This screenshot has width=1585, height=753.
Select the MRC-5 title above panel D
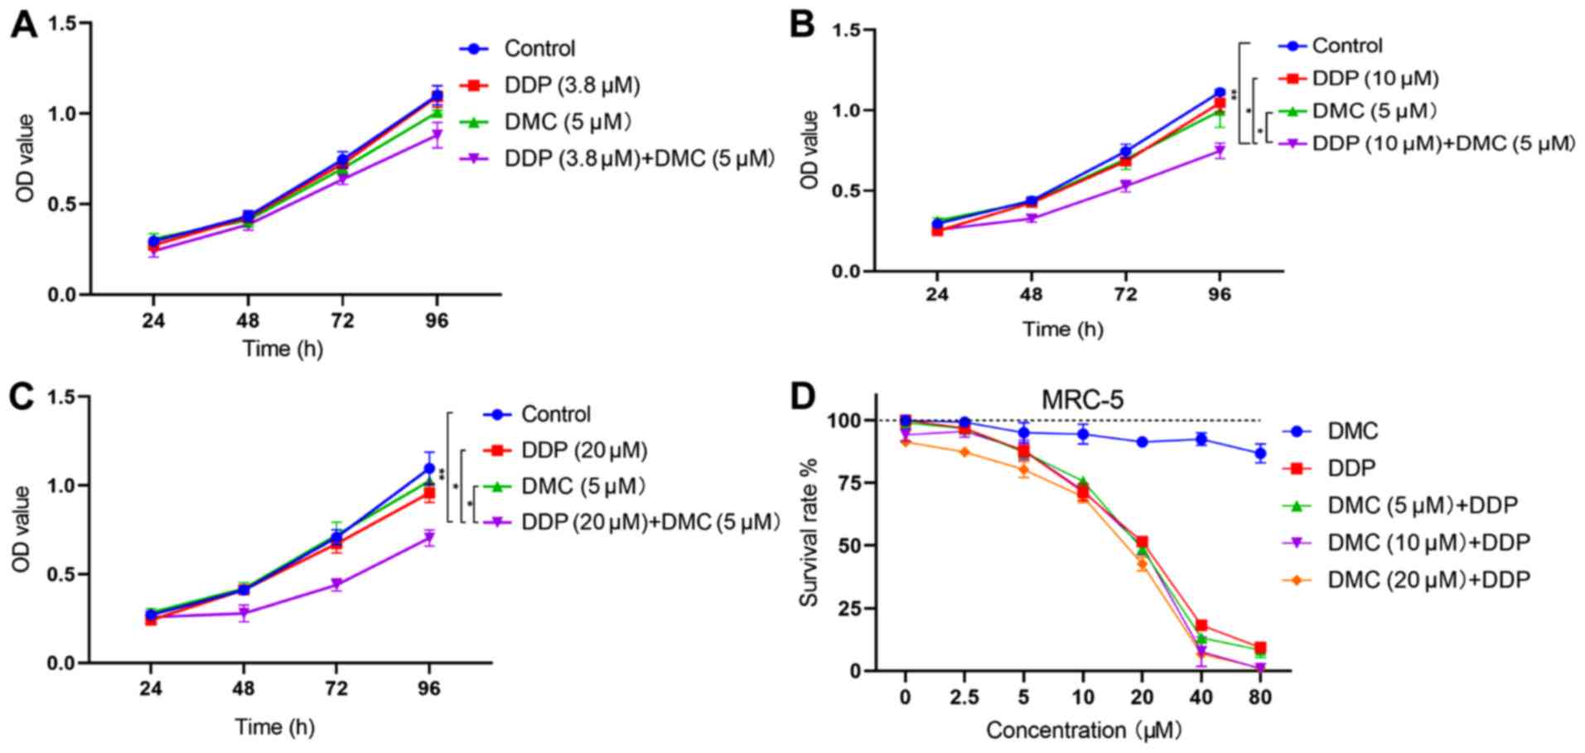(x=1082, y=399)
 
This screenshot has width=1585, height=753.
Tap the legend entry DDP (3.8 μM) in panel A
(x=572, y=85)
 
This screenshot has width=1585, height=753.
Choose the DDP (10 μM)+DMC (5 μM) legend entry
(x=1442, y=143)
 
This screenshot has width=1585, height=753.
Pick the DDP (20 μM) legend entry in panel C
(x=584, y=451)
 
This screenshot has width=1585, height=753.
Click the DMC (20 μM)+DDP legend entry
(x=1428, y=580)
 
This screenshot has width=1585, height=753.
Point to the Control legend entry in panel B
(x=1347, y=46)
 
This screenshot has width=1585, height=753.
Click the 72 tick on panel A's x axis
(x=342, y=321)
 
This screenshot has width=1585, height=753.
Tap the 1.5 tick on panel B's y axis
(x=846, y=31)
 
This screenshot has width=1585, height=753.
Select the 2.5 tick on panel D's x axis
(x=964, y=697)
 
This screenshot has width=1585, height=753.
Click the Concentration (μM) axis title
(x=1083, y=730)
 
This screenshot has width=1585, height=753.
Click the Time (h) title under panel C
(x=274, y=727)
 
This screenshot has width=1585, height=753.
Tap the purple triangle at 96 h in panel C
(x=429, y=539)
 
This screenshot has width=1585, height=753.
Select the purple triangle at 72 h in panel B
(x=1125, y=186)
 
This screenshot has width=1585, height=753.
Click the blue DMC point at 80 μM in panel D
(x=1260, y=453)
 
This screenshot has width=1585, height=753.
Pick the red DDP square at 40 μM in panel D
(x=1201, y=626)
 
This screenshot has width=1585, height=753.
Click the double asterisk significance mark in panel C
(x=443, y=475)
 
